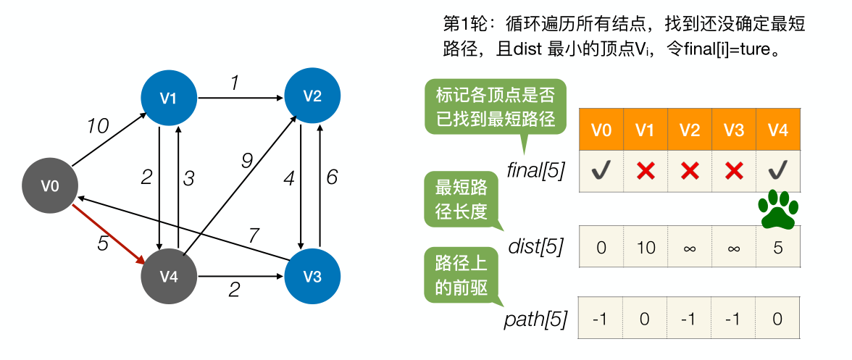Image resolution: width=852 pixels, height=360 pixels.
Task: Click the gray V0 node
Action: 49,186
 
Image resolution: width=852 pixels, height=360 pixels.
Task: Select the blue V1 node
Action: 168,98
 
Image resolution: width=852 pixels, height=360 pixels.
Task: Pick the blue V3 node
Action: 312,277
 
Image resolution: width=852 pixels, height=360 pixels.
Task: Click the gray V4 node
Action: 168,277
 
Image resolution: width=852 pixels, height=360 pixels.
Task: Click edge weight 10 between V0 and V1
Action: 98,127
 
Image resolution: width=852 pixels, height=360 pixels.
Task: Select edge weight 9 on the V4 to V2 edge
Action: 246,162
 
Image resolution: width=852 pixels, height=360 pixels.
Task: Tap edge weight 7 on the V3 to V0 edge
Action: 253,235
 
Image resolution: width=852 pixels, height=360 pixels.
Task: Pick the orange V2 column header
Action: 690,130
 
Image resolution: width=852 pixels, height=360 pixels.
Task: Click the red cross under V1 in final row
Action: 646,171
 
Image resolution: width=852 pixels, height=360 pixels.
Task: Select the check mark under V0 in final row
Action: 601,171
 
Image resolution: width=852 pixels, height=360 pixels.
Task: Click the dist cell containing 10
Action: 646,247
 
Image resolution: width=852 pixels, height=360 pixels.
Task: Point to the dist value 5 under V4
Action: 777,247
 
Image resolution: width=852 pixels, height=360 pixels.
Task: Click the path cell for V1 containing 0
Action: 646,319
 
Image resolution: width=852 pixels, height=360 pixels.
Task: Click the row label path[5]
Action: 535,319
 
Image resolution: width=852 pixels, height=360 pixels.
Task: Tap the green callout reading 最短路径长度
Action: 457,199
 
